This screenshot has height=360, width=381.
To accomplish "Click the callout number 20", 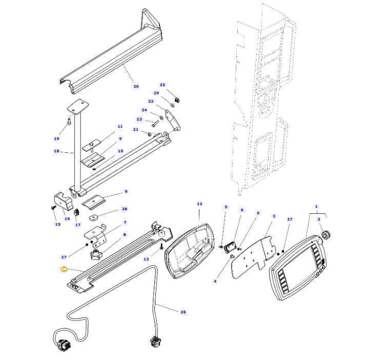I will point(136,86).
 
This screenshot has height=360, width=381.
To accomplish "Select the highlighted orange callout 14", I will point(64,269).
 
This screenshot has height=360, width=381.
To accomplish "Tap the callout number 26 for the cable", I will point(183,312).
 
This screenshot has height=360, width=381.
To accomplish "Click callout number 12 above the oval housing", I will point(199,204).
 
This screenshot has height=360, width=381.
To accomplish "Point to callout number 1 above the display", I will point(316,207).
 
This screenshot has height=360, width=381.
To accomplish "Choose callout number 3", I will point(274,216).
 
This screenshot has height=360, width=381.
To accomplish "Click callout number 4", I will point(215,281).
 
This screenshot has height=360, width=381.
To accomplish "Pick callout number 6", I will point(242,210).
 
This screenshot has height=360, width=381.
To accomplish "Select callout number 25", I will point(163,85).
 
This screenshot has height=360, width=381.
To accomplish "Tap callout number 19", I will point(56,138).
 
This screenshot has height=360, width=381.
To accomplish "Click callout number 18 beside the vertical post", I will point(56,151).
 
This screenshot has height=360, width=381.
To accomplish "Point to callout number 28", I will point(125,209).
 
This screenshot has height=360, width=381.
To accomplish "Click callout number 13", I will point(146,259).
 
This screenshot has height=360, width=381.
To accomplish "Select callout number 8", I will point(125,235).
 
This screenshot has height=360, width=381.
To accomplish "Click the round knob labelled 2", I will point(325,237).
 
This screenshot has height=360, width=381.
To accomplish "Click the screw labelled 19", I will point(69,122).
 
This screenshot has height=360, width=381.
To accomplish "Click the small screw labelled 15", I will point(53,208).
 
